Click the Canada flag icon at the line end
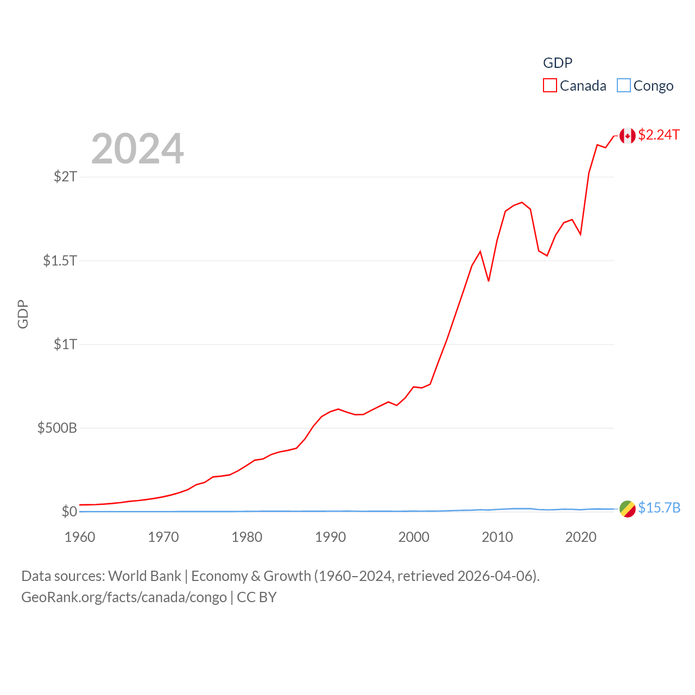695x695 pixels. [x=627, y=136]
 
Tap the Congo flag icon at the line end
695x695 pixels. [x=627, y=509]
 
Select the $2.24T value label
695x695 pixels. [x=659, y=135]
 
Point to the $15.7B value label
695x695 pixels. [x=659, y=508]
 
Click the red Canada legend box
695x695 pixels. [x=550, y=86]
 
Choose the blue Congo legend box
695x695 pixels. [x=624, y=86]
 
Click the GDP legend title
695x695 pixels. [x=558, y=63]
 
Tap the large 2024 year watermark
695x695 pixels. [x=137, y=149]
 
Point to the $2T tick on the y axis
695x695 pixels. [x=66, y=176]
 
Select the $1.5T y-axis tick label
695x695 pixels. [x=60, y=261]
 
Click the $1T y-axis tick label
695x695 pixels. [x=66, y=344]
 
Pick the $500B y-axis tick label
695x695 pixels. [x=57, y=428]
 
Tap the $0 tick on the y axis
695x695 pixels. [x=69, y=511]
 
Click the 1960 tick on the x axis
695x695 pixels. [x=80, y=537]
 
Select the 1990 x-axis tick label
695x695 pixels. [x=330, y=537]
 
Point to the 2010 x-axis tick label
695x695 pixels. [x=497, y=537]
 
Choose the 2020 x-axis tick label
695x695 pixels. [x=581, y=537]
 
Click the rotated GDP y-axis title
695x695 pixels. [x=23, y=314]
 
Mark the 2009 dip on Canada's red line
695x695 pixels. [x=489, y=281]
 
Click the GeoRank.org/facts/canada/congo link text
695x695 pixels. [x=124, y=597]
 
